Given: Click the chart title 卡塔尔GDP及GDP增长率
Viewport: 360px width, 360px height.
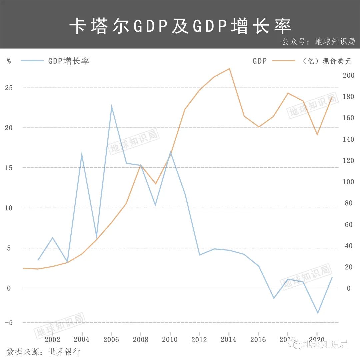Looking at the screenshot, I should click(180, 26).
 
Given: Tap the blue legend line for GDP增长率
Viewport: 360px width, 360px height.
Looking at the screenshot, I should click(32, 61).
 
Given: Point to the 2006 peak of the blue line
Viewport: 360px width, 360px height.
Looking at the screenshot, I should click(111, 106).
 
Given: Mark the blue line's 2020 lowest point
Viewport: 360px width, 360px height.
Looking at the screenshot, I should click(318, 313).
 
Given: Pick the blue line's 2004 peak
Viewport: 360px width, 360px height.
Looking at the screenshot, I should click(82, 154).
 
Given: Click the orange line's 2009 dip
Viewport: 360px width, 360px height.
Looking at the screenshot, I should click(155, 184).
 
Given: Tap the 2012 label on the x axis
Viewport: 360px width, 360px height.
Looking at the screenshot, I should click(199, 339).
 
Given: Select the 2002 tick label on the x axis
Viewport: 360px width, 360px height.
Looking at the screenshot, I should click(52, 339).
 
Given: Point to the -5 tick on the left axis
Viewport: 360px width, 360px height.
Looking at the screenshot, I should click(9, 323).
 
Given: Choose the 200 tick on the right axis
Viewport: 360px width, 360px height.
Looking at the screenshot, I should click(349, 75).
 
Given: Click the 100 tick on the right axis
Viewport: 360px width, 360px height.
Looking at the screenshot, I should click(349, 182).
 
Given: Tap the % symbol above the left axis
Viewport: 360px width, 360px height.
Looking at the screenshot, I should click(9, 61).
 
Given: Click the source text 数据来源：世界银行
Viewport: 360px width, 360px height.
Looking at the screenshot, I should click(43, 352).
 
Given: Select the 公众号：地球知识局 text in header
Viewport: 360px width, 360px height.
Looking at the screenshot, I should click(318, 42).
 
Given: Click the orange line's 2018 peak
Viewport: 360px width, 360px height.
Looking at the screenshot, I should click(288, 93).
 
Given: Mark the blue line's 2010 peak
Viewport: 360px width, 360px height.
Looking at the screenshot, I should click(170, 152).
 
